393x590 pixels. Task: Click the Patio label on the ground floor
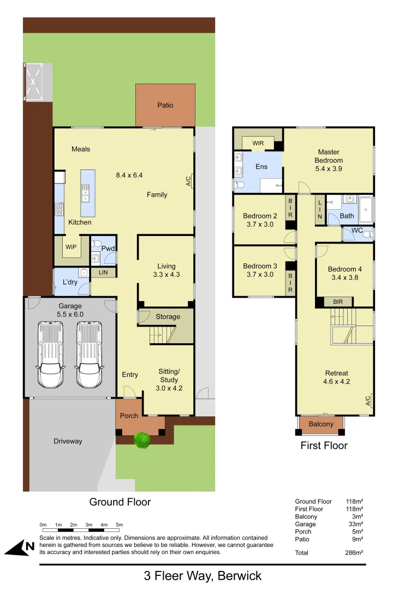point(165,105)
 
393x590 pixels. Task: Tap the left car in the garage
point(50,354)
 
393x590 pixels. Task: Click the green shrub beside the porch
point(142,440)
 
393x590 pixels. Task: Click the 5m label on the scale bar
point(119,525)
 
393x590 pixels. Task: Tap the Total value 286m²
point(354,552)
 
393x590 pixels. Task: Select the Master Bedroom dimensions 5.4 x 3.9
point(329,169)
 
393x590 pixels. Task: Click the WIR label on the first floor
point(258,144)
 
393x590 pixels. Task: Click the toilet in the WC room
point(368,234)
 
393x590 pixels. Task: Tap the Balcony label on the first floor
point(321,424)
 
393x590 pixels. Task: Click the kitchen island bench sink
point(86,190)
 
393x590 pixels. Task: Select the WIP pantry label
point(70,246)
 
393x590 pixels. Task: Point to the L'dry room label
point(70,282)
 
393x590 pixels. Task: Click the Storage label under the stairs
point(168,317)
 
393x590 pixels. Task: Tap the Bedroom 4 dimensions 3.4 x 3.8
point(345,278)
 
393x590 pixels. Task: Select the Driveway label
point(68,441)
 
